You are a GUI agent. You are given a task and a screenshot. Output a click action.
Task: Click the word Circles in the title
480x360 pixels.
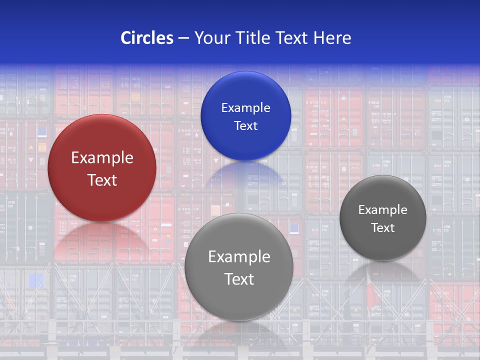(x=147, y=38)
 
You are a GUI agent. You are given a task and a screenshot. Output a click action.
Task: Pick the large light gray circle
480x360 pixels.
(x=239, y=300)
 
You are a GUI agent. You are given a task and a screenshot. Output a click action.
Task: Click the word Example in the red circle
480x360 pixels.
(x=102, y=158)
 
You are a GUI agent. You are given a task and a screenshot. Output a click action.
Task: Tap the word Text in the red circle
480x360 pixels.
(x=102, y=180)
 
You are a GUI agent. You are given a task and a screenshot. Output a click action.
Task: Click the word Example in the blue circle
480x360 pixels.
(x=245, y=107)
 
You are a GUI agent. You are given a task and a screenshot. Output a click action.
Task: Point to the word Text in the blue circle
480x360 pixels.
(x=245, y=125)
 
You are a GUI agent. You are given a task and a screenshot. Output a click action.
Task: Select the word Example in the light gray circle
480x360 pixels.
(x=239, y=256)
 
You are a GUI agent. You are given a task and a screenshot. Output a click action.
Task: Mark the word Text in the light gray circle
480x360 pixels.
(x=239, y=279)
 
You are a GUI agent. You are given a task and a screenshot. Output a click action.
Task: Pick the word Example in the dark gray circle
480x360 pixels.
(x=383, y=209)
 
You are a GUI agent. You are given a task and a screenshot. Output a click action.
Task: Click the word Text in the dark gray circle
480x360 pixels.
(x=383, y=227)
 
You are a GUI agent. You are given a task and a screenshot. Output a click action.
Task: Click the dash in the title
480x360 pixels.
(x=183, y=38)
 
